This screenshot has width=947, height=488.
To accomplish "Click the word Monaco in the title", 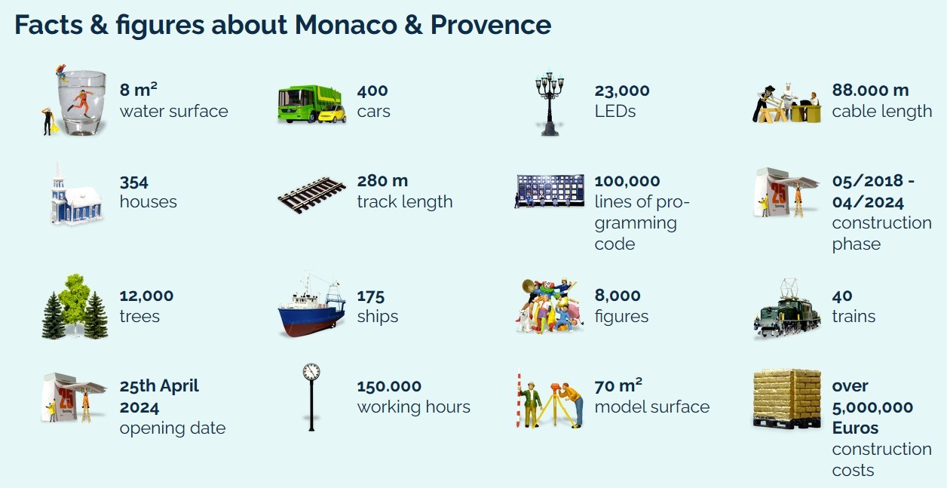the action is [346, 25].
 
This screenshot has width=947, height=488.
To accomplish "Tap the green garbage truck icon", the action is [309, 103].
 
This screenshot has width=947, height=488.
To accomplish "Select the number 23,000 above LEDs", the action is [622, 91].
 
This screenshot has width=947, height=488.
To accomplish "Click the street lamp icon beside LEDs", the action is [549, 103].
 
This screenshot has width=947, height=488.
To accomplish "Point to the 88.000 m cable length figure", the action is [871, 90].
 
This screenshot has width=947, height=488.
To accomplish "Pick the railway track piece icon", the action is [311, 195].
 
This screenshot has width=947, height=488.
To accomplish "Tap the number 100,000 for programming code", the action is [627, 181].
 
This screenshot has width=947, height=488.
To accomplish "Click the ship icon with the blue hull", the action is [311, 305].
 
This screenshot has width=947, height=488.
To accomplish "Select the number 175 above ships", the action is [371, 296].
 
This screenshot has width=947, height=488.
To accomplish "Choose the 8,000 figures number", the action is [618, 296].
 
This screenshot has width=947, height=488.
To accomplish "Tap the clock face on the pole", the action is [311, 372].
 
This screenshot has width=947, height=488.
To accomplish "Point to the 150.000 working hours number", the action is [389, 386].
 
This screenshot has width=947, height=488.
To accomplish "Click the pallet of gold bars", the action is [786, 398].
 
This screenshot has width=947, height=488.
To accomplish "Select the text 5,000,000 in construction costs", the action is [872, 407].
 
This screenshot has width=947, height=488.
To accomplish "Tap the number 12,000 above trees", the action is [146, 296].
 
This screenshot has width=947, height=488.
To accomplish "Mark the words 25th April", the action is [159, 386].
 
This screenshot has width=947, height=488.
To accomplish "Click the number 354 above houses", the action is [133, 183].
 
